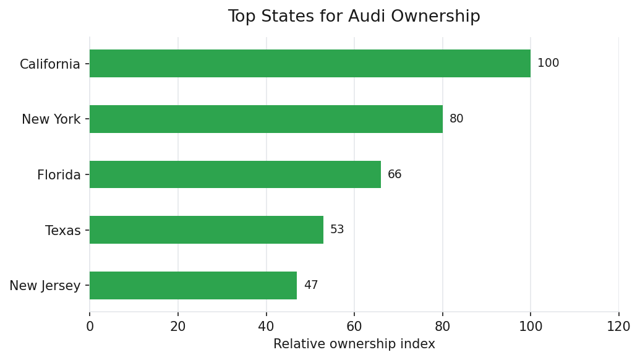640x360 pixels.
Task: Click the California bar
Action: click(x=310, y=64)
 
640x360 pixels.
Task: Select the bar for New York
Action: click(x=266, y=119)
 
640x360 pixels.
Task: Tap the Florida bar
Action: click(x=235, y=174)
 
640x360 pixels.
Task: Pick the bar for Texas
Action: click(x=207, y=230)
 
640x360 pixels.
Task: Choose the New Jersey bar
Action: click(x=193, y=285)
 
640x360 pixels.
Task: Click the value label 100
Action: click(x=548, y=64)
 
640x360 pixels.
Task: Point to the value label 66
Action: click(x=395, y=174)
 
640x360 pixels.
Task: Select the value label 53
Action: click(x=337, y=230)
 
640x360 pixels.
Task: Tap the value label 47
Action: click(x=310, y=285)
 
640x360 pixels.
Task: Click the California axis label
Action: click(x=50, y=64)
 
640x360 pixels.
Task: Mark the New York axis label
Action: click(x=51, y=119)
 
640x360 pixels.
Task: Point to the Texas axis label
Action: click(x=63, y=231)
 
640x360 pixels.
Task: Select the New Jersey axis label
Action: click(x=45, y=286)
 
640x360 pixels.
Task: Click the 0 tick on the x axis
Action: click(x=90, y=327)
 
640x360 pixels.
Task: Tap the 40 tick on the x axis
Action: click(x=267, y=327)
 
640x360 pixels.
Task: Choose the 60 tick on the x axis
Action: click(x=354, y=327)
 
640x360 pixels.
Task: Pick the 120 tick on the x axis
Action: click(x=618, y=327)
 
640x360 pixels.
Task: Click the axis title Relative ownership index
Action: click(x=354, y=345)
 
